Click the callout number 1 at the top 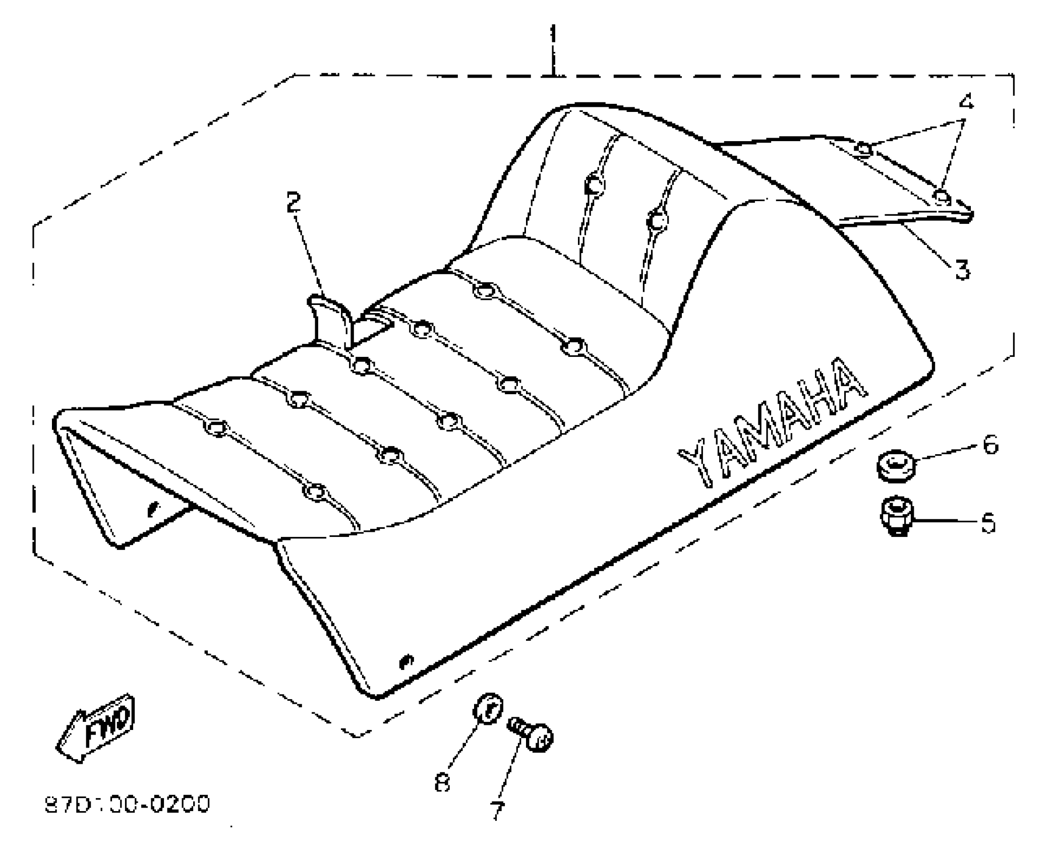(553, 35)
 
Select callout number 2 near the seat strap (293, 202)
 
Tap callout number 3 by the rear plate (962, 269)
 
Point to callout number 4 (966, 102)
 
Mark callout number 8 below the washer (442, 782)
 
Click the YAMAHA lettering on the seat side (772, 423)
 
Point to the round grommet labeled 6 (895, 466)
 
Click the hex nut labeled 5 (896, 516)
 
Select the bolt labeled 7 (534, 737)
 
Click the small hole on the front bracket (152, 508)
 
